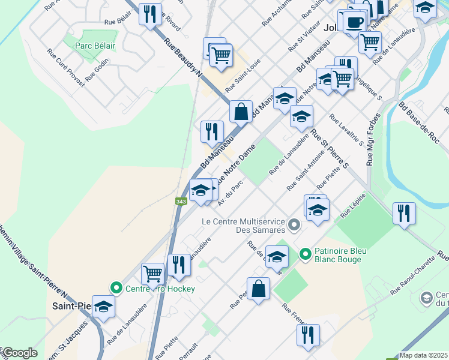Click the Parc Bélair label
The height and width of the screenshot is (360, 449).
(x=95, y=46)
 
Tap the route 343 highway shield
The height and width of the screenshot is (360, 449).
(x=181, y=202)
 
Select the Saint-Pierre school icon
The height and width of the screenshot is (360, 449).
(x=103, y=307)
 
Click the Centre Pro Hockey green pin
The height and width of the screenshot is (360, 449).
(x=116, y=288)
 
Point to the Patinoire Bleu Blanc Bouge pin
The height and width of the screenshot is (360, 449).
(x=305, y=254)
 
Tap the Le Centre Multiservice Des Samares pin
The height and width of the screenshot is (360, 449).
(x=294, y=226)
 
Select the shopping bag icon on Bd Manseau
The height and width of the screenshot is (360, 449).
(x=241, y=111)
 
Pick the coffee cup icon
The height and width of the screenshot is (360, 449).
(x=354, y=22)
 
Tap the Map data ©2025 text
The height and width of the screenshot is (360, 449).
(x=423, y=355)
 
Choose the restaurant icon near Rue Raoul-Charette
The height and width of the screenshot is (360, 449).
(x=404, y=214)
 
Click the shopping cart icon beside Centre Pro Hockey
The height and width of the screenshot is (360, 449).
(x=153, y=274)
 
